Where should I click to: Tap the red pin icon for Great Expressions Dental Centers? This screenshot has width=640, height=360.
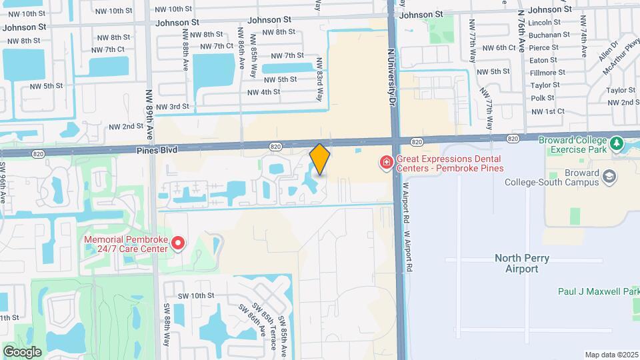[x=385, y=162]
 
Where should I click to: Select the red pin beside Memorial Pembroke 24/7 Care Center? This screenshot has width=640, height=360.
[x=177, y=244]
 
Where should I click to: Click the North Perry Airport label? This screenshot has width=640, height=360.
[x=517, y=263]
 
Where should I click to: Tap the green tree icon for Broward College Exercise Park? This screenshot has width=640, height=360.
[x=617, y=143]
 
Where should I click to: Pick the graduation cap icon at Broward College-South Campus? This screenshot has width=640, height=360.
[x=608, y=176]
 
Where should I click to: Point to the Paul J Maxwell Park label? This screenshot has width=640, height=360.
[x=598, y=291]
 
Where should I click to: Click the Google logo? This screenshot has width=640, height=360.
[x=22, y=351]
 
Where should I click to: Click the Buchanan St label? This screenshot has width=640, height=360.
[x=548, y=35]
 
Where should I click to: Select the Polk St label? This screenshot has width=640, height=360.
[x=543, y=98]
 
